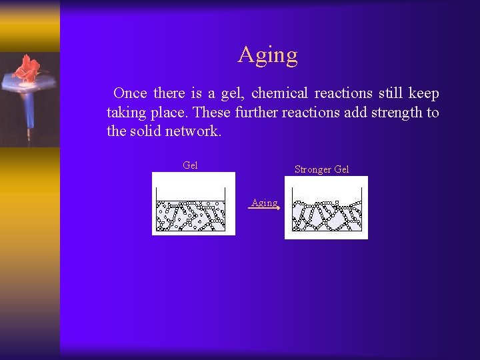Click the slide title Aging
268,55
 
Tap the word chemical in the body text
279,93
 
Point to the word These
211,112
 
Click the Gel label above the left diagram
190,165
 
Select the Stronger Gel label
321,169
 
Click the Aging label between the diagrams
264,203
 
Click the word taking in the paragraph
127,112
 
